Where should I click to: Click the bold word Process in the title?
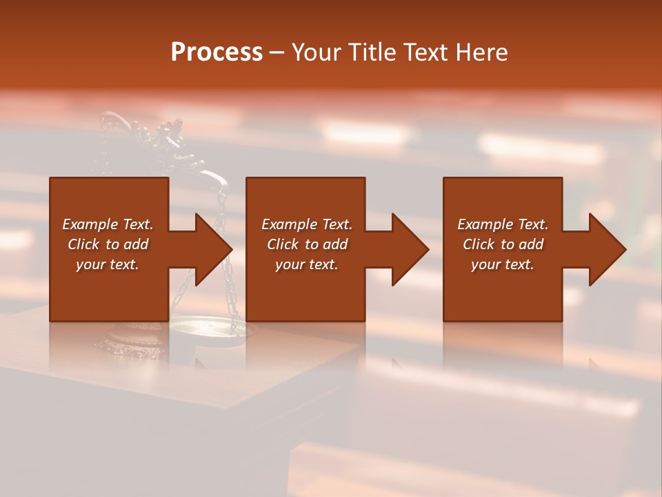click(217, 52)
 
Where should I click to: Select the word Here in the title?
click(481, 52)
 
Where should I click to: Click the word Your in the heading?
click(319, 52)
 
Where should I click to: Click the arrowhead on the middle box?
click(410, 250)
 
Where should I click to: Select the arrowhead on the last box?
click(607, 250)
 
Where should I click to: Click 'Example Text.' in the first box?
click(108, 224)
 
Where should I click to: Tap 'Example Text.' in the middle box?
click(307, 224)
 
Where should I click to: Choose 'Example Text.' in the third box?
click(503, 224)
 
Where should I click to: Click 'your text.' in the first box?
click(108, 264)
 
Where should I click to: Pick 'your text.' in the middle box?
click(307, 264)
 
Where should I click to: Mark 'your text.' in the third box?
click(503, 264)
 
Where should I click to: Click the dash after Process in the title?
click(277, 52)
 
